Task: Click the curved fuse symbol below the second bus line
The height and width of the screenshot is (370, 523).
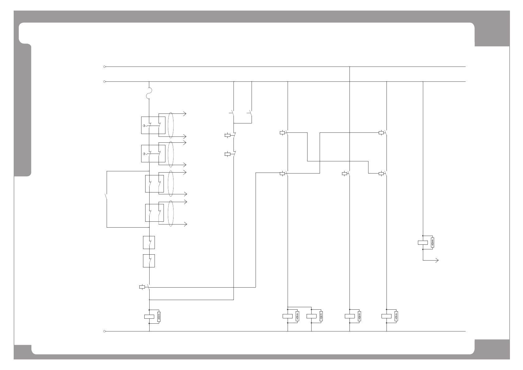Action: pos(149,93)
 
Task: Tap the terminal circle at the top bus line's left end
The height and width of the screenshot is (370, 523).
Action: pos(104,67)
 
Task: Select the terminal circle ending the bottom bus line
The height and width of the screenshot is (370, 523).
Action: pos(104,331)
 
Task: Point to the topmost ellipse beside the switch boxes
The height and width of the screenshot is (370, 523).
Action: pos(171,125)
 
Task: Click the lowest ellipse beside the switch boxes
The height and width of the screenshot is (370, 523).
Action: pos(171,213)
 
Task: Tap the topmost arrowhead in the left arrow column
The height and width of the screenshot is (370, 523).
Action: pos(185,114)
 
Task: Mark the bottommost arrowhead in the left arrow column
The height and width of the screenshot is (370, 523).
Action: pos(186,224)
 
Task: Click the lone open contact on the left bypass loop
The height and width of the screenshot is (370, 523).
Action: pos(106,197)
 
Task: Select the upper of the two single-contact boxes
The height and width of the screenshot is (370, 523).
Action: pos(149,243)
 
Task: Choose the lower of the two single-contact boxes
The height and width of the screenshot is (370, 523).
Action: pos(149,261)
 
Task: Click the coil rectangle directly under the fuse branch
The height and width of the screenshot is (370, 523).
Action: pos(149,317)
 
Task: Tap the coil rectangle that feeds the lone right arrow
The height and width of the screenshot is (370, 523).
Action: pos(423,243)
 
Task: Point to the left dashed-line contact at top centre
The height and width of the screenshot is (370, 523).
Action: pos(232,113)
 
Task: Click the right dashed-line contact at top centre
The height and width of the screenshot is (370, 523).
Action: pos(250,113)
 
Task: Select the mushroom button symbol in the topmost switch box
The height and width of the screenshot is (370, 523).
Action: pos(145,126)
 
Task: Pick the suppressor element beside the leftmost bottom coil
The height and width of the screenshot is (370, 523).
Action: pos(159,317)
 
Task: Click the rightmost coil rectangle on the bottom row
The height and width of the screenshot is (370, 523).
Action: pos(386,316)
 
